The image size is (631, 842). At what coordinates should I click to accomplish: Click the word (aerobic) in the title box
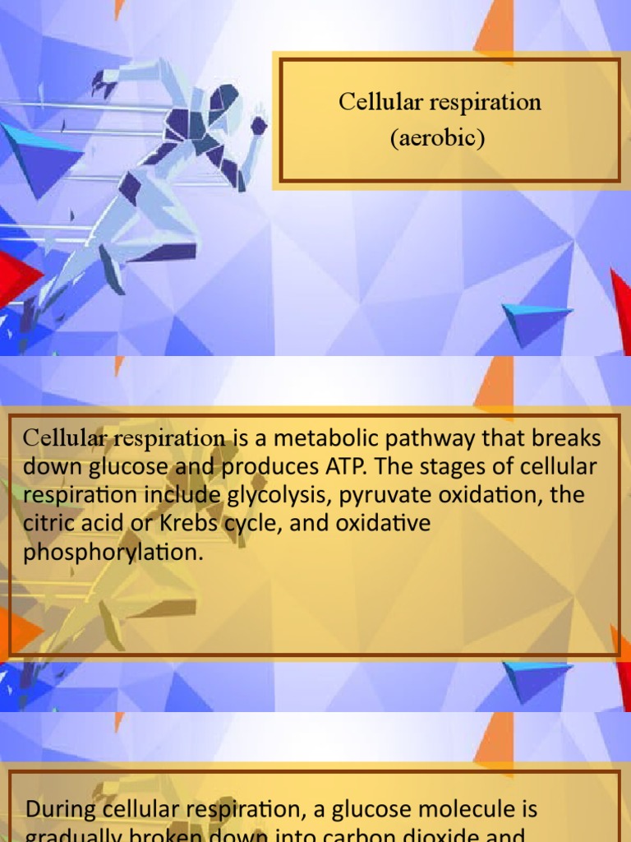pyautogui.click(x=437, y=138)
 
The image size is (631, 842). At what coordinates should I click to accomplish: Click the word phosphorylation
pyautogui.click(x=113, y=552)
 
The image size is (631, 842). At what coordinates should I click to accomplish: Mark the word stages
pyautogui.click(x=455, y=467)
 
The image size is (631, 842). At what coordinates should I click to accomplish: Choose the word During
pyautogui.click(x=62, y=809)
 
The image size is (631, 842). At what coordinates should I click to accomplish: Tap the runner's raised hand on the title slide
pyautogui.click(x=258, y=125)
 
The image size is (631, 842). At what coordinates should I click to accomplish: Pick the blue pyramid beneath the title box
pyautogui.click(x=534, y=321)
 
